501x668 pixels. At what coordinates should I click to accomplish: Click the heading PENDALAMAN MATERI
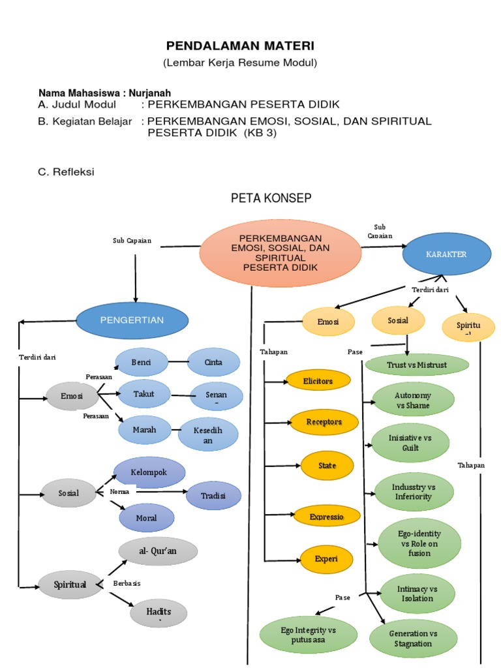point(240,46)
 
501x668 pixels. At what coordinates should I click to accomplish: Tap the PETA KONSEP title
point(271,198)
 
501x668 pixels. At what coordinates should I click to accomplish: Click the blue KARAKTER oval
point(447,254)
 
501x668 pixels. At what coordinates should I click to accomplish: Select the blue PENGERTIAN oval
point(132,320)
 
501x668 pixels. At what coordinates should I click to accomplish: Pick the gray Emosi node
point(71,395)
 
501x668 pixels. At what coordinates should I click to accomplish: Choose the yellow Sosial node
point(398,321)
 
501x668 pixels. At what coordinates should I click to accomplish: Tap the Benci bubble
point(141,362)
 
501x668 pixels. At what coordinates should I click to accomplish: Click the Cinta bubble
point(213,362)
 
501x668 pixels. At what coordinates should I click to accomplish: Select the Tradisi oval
point(213,494)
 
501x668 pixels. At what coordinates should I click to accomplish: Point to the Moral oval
point(147,517)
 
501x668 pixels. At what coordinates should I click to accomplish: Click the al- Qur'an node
point(158,552)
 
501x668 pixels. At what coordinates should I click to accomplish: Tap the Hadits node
point(158,613)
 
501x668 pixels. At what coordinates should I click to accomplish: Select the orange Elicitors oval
point(318,380)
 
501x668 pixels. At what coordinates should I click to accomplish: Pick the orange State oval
point(327,465)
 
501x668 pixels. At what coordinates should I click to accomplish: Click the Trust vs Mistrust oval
point(417,365)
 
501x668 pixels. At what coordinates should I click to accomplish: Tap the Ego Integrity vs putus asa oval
point(308,635)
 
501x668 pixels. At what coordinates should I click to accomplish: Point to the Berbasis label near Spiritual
point(127,583)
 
